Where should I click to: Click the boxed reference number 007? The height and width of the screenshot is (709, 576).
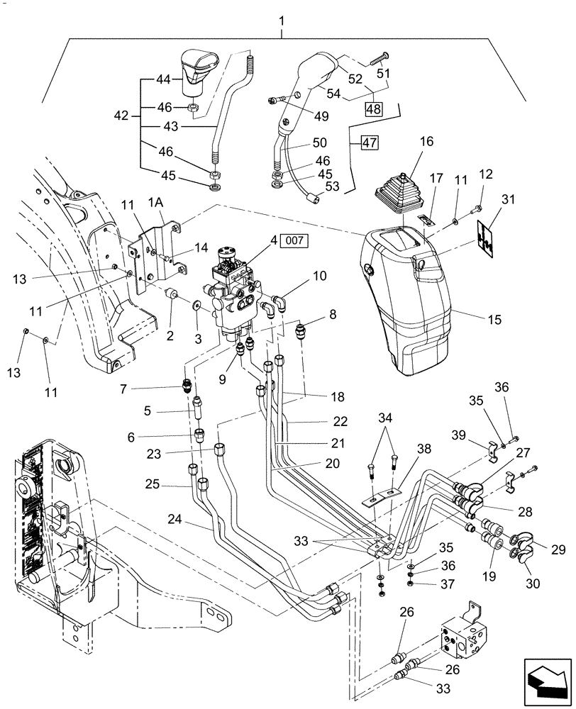click(297, 242)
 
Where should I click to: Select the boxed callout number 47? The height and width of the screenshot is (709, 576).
click(370, 143)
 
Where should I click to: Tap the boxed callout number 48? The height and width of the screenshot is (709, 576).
click(374, 109)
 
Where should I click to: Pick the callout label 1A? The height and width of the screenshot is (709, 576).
click(156, 202)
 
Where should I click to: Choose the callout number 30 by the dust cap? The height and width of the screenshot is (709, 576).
click(533, 584)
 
